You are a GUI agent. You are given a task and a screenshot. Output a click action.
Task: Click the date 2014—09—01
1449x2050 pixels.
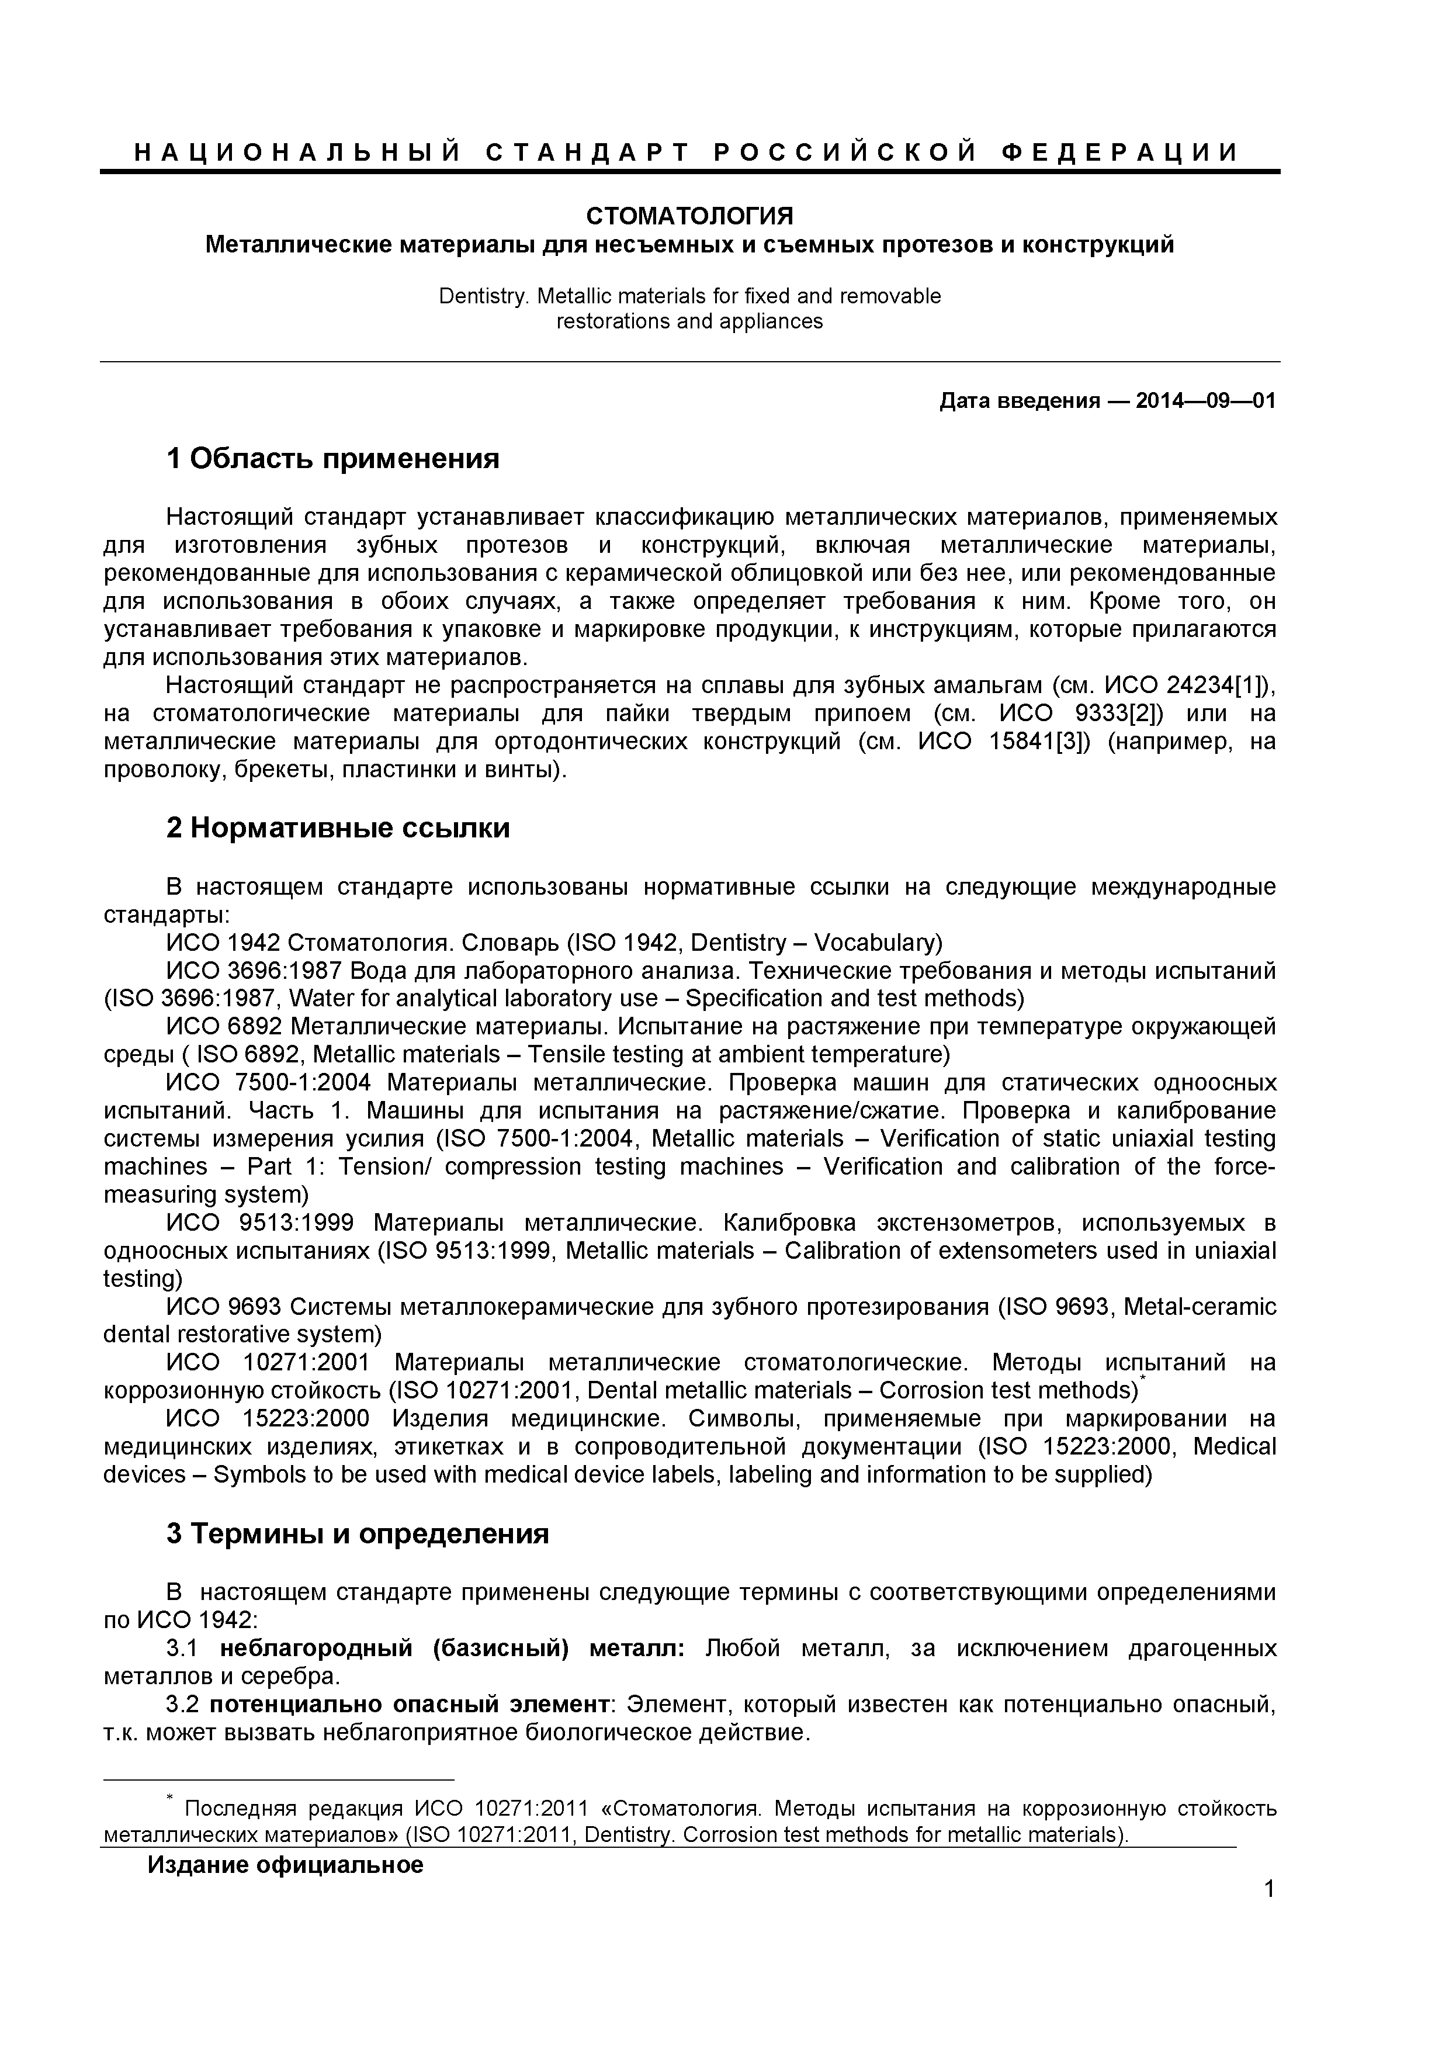[x=1205, y=401]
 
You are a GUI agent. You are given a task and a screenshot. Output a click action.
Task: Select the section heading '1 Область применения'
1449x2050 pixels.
[x=333, y=459]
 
